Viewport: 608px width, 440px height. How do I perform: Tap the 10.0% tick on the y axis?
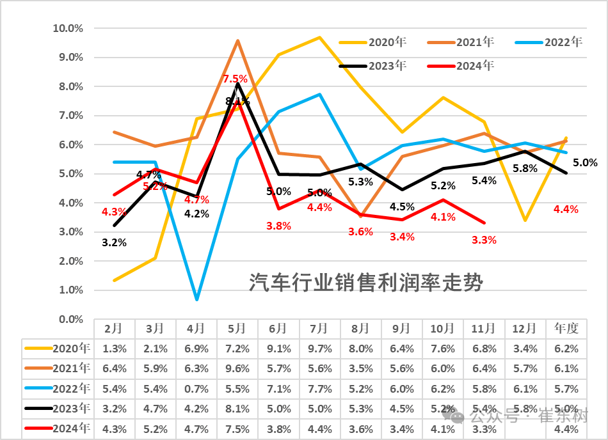tap(67, 28)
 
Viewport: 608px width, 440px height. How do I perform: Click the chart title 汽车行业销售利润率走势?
tap(365, 282)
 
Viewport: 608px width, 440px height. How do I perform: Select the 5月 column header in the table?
tap(237, 328)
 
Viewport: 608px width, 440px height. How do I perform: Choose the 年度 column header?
tap(566, 328)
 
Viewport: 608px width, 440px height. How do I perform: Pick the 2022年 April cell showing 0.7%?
tap(196, 389)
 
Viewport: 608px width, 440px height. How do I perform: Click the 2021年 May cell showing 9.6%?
tap(237, 369)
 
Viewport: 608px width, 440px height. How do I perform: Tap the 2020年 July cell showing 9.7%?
tap(319, 349)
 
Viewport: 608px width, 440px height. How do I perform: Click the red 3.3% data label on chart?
tap(484, 240)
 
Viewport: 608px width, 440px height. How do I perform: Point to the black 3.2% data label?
tap(114, 242)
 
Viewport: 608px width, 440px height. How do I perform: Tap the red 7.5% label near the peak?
tap(235, 79)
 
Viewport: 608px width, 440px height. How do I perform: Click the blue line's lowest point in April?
tap(196, 299)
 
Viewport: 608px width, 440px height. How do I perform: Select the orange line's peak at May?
tap(237, 41)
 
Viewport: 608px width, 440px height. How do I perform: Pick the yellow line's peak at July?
tap(319, 37)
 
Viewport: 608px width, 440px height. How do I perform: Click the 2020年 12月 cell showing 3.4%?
tap(525, 349)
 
